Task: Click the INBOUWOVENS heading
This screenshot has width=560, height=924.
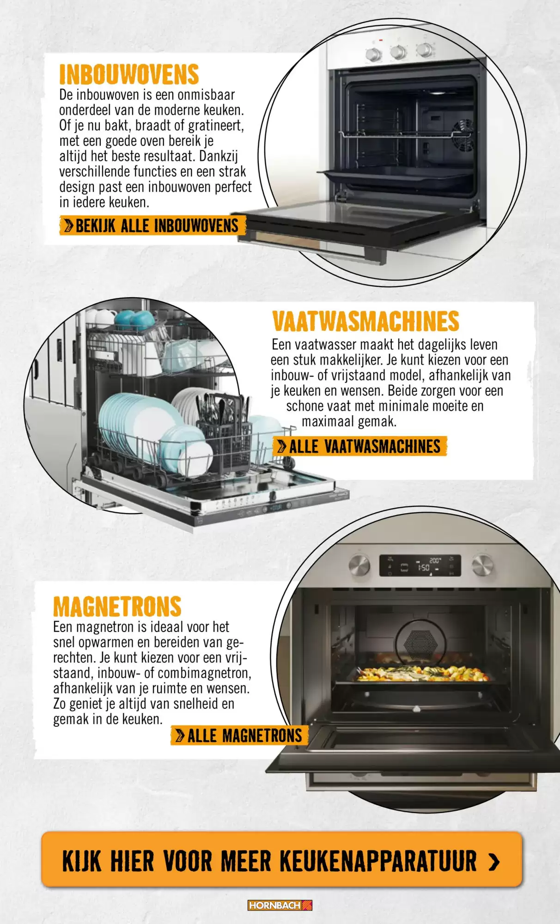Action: pyautogui.click(x=129, y=75)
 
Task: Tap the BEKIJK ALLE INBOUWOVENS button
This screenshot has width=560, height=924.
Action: pyautogui.click(x=152, y=225)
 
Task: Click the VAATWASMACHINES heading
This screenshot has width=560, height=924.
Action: pyautogui.click(x=365, y=322)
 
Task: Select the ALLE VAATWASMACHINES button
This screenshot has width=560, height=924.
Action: pyautogui.click(x=360, y=446)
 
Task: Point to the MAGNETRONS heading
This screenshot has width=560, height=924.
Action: pyautogui.click(x=117, y=607)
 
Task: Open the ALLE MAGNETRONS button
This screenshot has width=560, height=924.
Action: pyautogui.click(x=239, y=736)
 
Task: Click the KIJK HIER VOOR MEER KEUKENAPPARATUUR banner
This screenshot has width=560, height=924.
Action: pyautogui.click(x=281, y=860)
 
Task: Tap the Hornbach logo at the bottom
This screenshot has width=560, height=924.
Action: pyautogui.click(x=280, y=905)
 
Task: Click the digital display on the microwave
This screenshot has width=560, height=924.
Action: pyautogui.click(x=420, y=565)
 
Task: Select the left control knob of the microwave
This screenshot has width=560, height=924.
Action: pyautogui.click(x=359, y=565)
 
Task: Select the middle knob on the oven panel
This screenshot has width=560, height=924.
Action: pyautogui.click(x=398, y=52)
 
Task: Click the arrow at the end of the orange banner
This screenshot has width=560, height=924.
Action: pyautogui.click(x=494, y=861)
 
